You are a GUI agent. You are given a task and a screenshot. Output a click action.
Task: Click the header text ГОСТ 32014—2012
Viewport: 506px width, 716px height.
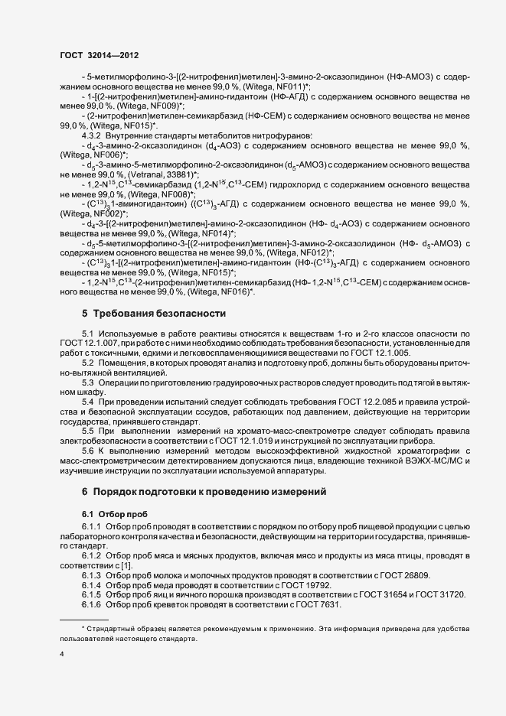99,56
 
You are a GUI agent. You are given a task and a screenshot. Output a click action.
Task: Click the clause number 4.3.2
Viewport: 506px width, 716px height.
93,135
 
